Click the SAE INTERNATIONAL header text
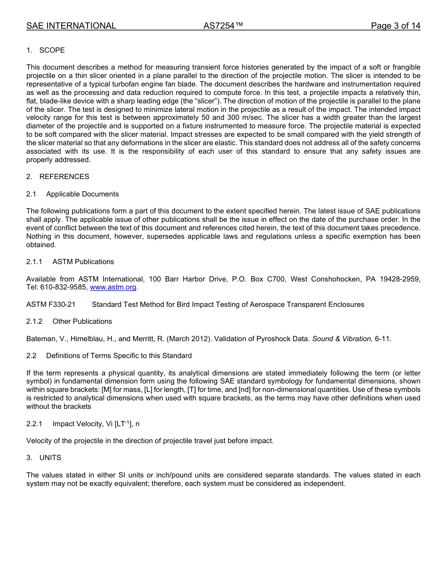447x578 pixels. (x=71, y=26)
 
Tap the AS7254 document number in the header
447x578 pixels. (x=223, y=26)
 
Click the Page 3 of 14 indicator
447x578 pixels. (x=395, y=26)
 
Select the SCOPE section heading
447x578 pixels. (x=52, y=50)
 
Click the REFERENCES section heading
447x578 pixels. (x=64, y=177)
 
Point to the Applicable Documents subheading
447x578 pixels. (x=82, y=194)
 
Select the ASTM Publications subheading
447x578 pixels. (x=83, y=262)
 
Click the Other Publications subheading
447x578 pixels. (x=82, y=321)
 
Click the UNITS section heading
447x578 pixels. (x=50, y=458)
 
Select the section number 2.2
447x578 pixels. (x=32, y=356)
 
